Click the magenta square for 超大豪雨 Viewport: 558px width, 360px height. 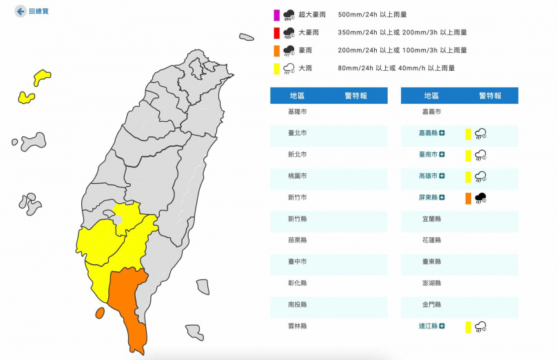276,14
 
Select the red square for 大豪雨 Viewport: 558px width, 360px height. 276,32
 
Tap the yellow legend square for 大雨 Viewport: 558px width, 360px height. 276,68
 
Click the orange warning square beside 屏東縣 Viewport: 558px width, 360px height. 468,198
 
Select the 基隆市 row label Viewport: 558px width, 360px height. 298,112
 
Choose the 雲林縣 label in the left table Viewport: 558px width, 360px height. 298,326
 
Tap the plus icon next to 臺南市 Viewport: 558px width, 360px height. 442,155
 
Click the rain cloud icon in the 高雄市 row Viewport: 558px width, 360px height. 481,177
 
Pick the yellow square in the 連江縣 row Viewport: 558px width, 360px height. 468,327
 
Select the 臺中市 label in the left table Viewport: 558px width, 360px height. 298,262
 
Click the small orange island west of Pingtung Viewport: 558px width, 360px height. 100,313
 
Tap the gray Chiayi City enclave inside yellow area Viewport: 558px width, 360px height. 118,220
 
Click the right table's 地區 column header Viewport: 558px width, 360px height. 432,96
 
